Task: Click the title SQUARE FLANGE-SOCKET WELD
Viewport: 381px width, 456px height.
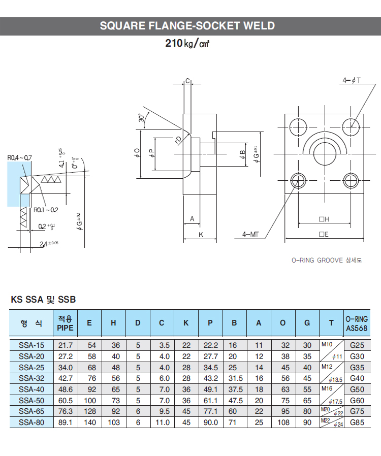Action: coord(187,26)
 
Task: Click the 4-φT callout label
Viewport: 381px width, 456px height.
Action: coord(351,80)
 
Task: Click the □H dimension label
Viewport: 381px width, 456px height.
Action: coord(324,219)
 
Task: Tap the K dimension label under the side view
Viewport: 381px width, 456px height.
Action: coord(201,234)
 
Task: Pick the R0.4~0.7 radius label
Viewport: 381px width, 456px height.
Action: coord(20,158)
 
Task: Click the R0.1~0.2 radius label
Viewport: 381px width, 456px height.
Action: coord(46,209)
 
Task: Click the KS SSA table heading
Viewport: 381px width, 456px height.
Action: coord(43,300)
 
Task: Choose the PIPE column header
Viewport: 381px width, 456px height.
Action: coord(65,323)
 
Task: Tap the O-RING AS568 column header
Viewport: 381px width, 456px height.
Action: coord(356,323)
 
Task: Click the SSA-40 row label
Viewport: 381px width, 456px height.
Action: coord(31,389)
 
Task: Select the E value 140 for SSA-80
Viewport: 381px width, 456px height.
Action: coord(89,422)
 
